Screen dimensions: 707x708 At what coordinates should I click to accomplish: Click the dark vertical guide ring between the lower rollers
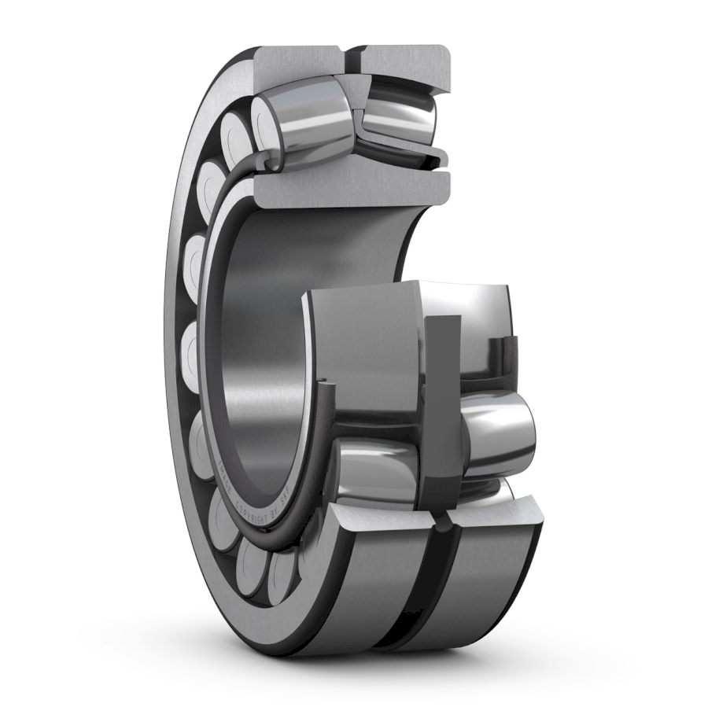(441, 409)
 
